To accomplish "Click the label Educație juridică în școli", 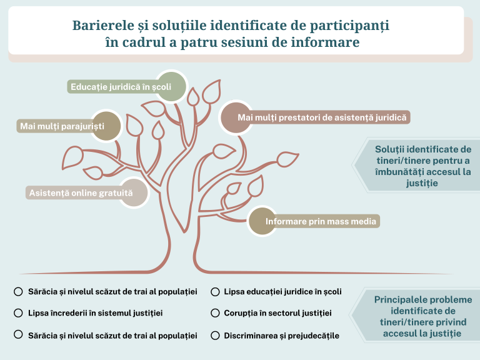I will [x=121, y=87].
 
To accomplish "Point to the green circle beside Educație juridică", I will [x=170, y=87].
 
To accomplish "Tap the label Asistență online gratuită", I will [x=81, y=193].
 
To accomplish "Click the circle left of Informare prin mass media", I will [x=265, y=222].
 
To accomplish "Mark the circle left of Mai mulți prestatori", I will [x=236, y=117].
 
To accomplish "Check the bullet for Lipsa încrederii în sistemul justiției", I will [x=18, y=312].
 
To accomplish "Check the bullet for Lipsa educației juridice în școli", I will [x=214, y=291].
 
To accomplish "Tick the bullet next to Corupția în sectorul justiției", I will [x=214, y=312].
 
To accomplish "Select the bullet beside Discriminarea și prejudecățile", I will [x=214, y=335].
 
